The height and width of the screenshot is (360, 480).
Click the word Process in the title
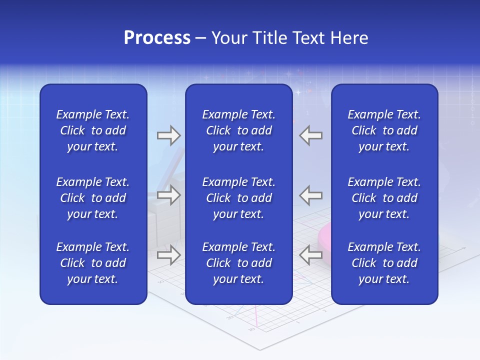point(157,38)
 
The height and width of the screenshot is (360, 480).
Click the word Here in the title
point(349,38)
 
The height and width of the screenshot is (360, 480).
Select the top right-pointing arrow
point(168,135)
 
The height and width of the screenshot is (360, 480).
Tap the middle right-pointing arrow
point(168,195)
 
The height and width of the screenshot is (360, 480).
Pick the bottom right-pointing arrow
point(168,255)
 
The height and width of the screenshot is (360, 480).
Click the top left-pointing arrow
point(310,135)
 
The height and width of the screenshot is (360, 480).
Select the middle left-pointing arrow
point(310,195)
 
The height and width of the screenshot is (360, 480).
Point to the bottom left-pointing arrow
point(310,255)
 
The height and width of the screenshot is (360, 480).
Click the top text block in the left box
point(93,130)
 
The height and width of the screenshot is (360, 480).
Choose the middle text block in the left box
point(93,198)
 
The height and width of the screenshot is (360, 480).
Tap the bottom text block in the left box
point(93,263)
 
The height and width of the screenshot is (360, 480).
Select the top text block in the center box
point(239,130)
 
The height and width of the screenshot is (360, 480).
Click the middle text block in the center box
point(239,198)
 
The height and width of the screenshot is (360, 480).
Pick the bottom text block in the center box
point(239,263)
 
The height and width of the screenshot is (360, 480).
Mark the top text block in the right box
point(384,130)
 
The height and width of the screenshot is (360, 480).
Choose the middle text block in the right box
point(384,198)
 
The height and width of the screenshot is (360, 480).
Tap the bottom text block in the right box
point(384,263)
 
